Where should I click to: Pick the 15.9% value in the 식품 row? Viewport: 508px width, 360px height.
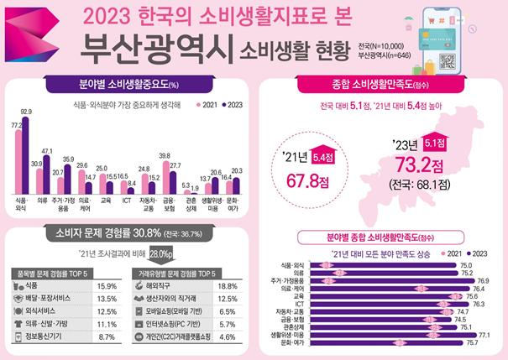click(107, 285)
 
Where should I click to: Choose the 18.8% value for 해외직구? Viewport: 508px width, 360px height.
click(228, 285)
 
